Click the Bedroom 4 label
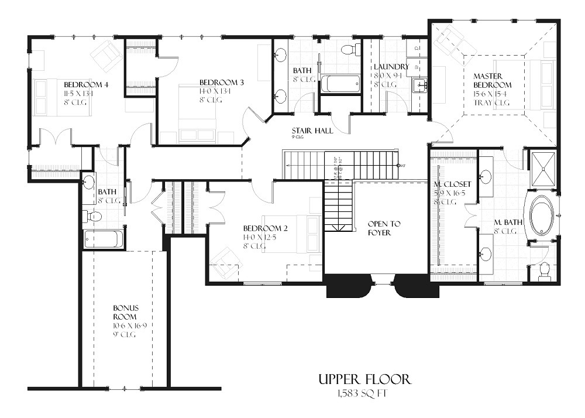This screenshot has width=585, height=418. [87, 84]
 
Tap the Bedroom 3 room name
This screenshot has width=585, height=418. [221, 82]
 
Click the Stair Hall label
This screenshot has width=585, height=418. [312, 131]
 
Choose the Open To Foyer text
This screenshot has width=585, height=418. [383, 228]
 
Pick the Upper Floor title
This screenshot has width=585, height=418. [364, 379]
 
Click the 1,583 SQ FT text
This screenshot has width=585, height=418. [362, 393]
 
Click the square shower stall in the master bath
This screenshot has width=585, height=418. [543, 168]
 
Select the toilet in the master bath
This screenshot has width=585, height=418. [545, 271]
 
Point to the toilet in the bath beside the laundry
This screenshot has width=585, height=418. [351, 49]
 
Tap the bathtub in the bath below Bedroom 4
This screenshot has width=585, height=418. [104, 239]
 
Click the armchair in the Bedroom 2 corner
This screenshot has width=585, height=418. [225, 262]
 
